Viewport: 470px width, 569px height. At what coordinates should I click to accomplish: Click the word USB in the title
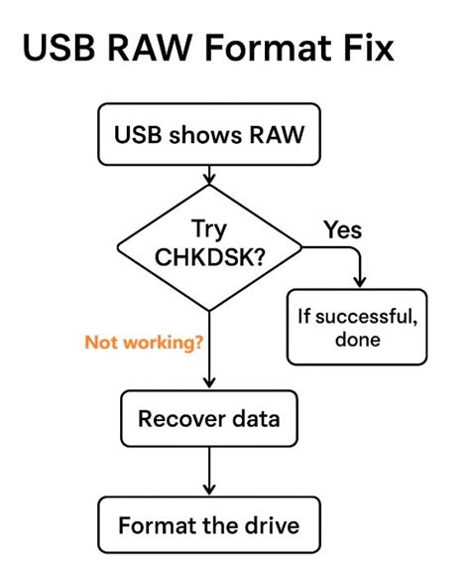63,50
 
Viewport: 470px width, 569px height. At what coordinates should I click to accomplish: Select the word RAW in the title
167,50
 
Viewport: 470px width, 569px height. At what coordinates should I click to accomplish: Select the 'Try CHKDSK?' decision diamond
209,247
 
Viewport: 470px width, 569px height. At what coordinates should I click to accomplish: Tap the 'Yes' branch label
342,230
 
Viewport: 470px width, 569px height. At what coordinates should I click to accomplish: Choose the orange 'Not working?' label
144,343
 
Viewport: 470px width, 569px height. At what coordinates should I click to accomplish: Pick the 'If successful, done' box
357,327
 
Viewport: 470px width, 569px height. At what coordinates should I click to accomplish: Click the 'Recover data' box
209,418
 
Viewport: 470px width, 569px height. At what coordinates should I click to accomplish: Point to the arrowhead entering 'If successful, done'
358,282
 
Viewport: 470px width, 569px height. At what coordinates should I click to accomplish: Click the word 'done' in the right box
357,340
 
